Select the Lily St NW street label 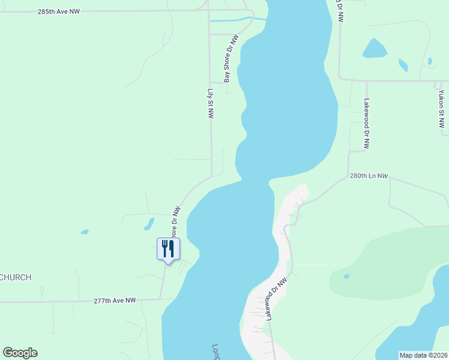point(211,104)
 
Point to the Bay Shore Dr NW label point(231,58)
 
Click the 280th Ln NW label point(369,176)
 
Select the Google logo point(20,353)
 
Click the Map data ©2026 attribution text point(423,355)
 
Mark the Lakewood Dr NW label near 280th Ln point(366,124)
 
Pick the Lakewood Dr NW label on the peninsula point(277,298)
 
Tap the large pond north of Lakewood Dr point(374,49)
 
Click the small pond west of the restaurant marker point(148,224)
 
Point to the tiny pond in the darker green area point(346,277)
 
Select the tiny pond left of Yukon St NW point(429,61)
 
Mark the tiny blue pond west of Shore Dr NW point(85,232)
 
